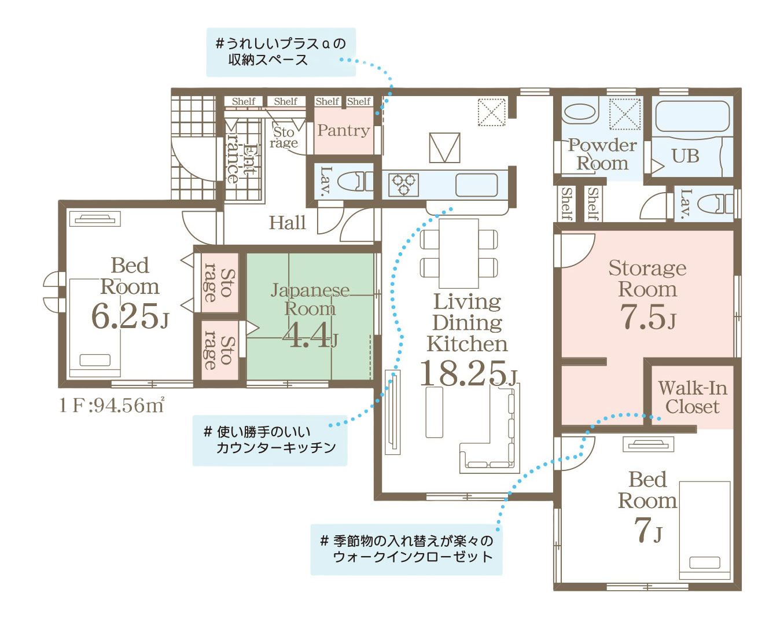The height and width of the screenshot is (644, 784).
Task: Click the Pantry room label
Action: [x=344, y=130]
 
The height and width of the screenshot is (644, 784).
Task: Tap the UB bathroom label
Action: [x=685, y=156]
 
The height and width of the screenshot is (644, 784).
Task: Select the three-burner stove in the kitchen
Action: [x=403, y=185]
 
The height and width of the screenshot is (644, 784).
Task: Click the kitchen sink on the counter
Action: [x=476, y=185]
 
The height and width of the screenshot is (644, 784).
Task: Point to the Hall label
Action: [x=288, y=223]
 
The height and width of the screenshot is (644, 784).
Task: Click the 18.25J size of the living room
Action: [x=468, y=373]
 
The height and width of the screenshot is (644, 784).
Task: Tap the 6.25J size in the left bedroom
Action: [x=130, y=316]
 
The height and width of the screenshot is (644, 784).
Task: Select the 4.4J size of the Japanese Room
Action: [x=310, y=335]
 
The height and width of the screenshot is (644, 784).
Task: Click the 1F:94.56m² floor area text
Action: [x=112, y=405]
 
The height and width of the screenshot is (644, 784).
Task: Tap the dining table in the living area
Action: [x=458, y=253]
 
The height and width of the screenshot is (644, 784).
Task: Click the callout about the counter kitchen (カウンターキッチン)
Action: [x=270, y=440]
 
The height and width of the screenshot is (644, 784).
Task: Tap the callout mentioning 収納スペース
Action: [x=281, y=52]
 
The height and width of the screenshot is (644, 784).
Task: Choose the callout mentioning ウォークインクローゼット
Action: [x=406, y=550]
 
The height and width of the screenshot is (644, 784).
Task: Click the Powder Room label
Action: [x=602, y=154]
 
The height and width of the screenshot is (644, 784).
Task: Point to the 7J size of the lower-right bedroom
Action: [x=647, y=531]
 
